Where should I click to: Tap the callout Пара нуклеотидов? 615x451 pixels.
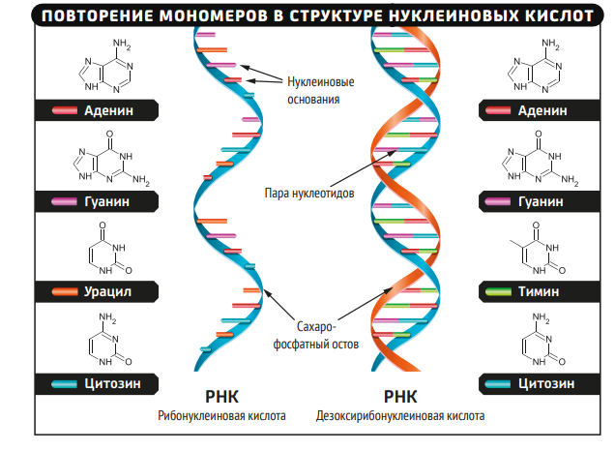pyautogui.click(x=309, y=193)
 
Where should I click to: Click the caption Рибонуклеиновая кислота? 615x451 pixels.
pyautogui.click(x=222, y=417)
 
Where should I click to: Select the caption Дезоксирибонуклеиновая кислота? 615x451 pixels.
pyautogui.click(x=400, y=417)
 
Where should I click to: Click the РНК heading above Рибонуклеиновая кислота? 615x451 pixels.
pyautogui.click(x=221, y=396)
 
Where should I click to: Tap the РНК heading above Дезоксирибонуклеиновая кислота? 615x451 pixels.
pyautogui.click(x=399, y=396)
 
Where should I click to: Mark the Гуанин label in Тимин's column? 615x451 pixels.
pyautogui.click(x=541, y=202)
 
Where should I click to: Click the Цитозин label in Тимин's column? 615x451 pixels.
pyautogui.click(x=546, y=383)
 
